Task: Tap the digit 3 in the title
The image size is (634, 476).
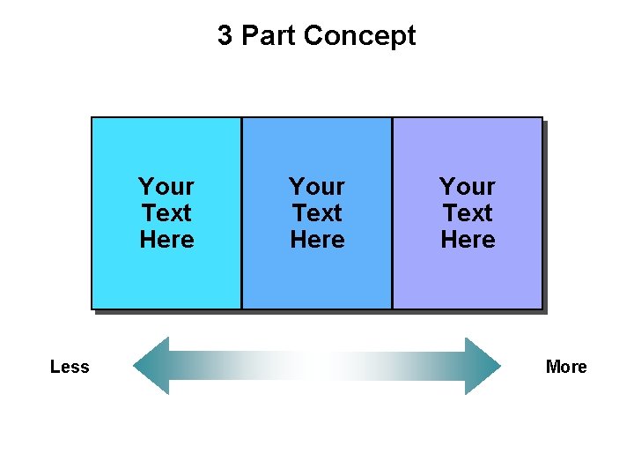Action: (225, 36)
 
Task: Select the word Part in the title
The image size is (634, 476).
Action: (263, 36)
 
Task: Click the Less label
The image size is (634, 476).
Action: (70, 367)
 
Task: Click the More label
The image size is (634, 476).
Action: (566, 367)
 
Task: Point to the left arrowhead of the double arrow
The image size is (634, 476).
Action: (151, 366)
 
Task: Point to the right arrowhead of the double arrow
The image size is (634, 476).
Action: (483, 366)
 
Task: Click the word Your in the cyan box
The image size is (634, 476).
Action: (166, 187)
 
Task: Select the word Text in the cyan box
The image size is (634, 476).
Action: (166, 213)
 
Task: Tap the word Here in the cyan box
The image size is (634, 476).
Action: (166, 240)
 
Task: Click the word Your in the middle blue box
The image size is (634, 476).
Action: (317, 187)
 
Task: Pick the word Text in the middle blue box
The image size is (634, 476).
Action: (317, 213)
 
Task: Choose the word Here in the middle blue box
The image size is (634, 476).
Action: (317, 240)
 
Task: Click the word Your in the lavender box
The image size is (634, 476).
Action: (468, 187)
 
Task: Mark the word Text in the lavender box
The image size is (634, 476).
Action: (468, 213)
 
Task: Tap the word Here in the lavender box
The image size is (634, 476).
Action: (468, 240)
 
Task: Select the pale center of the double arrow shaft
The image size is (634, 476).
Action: (317, 366)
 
